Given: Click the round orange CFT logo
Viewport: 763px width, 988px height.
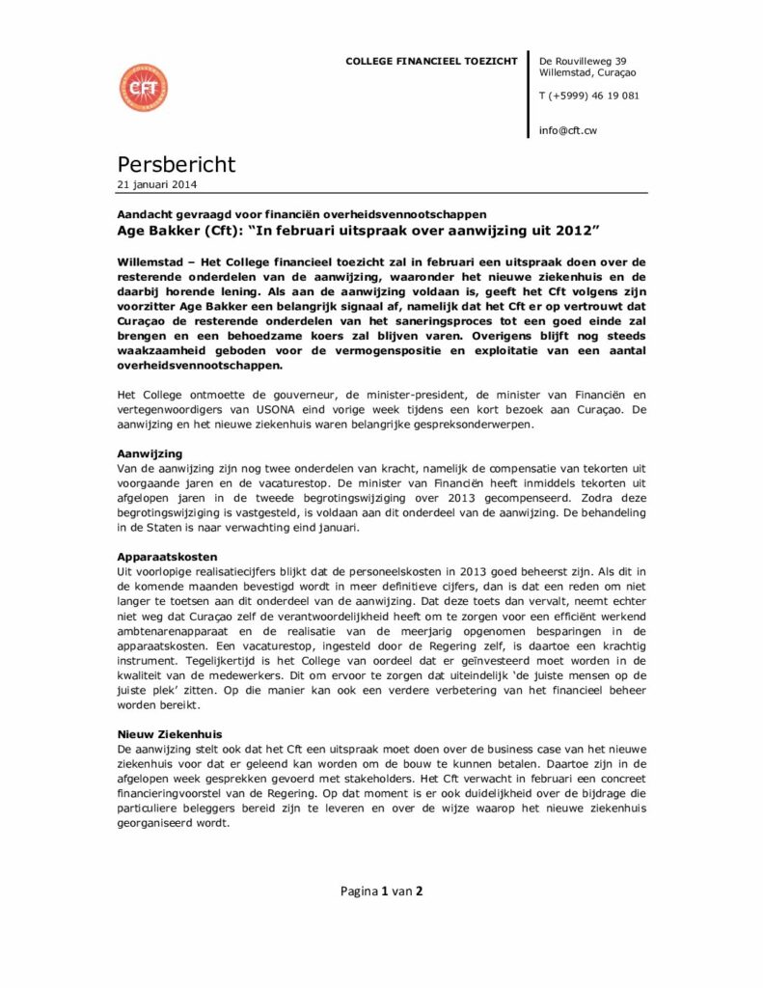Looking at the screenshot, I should point(143,88).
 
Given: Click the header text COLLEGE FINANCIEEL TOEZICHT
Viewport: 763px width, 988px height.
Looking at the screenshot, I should point(431,62).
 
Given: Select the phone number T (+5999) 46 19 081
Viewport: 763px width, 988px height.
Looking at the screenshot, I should point(588,96).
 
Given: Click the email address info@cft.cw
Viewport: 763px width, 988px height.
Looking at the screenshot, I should point(567,130).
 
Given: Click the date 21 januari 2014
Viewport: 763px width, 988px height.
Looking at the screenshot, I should point(158,184).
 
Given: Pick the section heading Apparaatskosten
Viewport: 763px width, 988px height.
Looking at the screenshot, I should point(168,558).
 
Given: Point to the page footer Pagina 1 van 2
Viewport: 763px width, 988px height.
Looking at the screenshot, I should point(381,891).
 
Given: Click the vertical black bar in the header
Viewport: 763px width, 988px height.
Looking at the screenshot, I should point(529,95).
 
